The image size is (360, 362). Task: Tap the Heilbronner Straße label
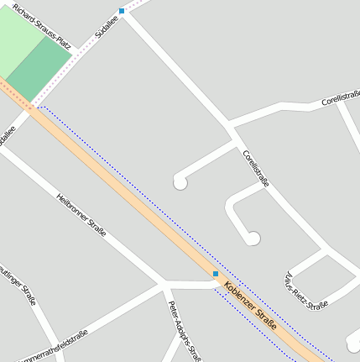click(81, 217)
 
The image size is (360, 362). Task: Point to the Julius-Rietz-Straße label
click(305, 291)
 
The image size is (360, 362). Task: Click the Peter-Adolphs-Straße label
click(184, 328)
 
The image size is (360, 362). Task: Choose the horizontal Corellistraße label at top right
click(340, 99)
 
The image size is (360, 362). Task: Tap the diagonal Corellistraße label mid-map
click(256, 168)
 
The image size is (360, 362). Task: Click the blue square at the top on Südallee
click(122, 11)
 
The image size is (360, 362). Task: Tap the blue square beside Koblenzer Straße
click(216, 274)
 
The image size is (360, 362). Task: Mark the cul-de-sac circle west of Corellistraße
click(180, 182)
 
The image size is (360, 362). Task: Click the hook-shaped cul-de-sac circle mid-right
click(252, 239)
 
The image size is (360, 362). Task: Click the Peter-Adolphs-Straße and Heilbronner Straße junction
click(164, 284)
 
